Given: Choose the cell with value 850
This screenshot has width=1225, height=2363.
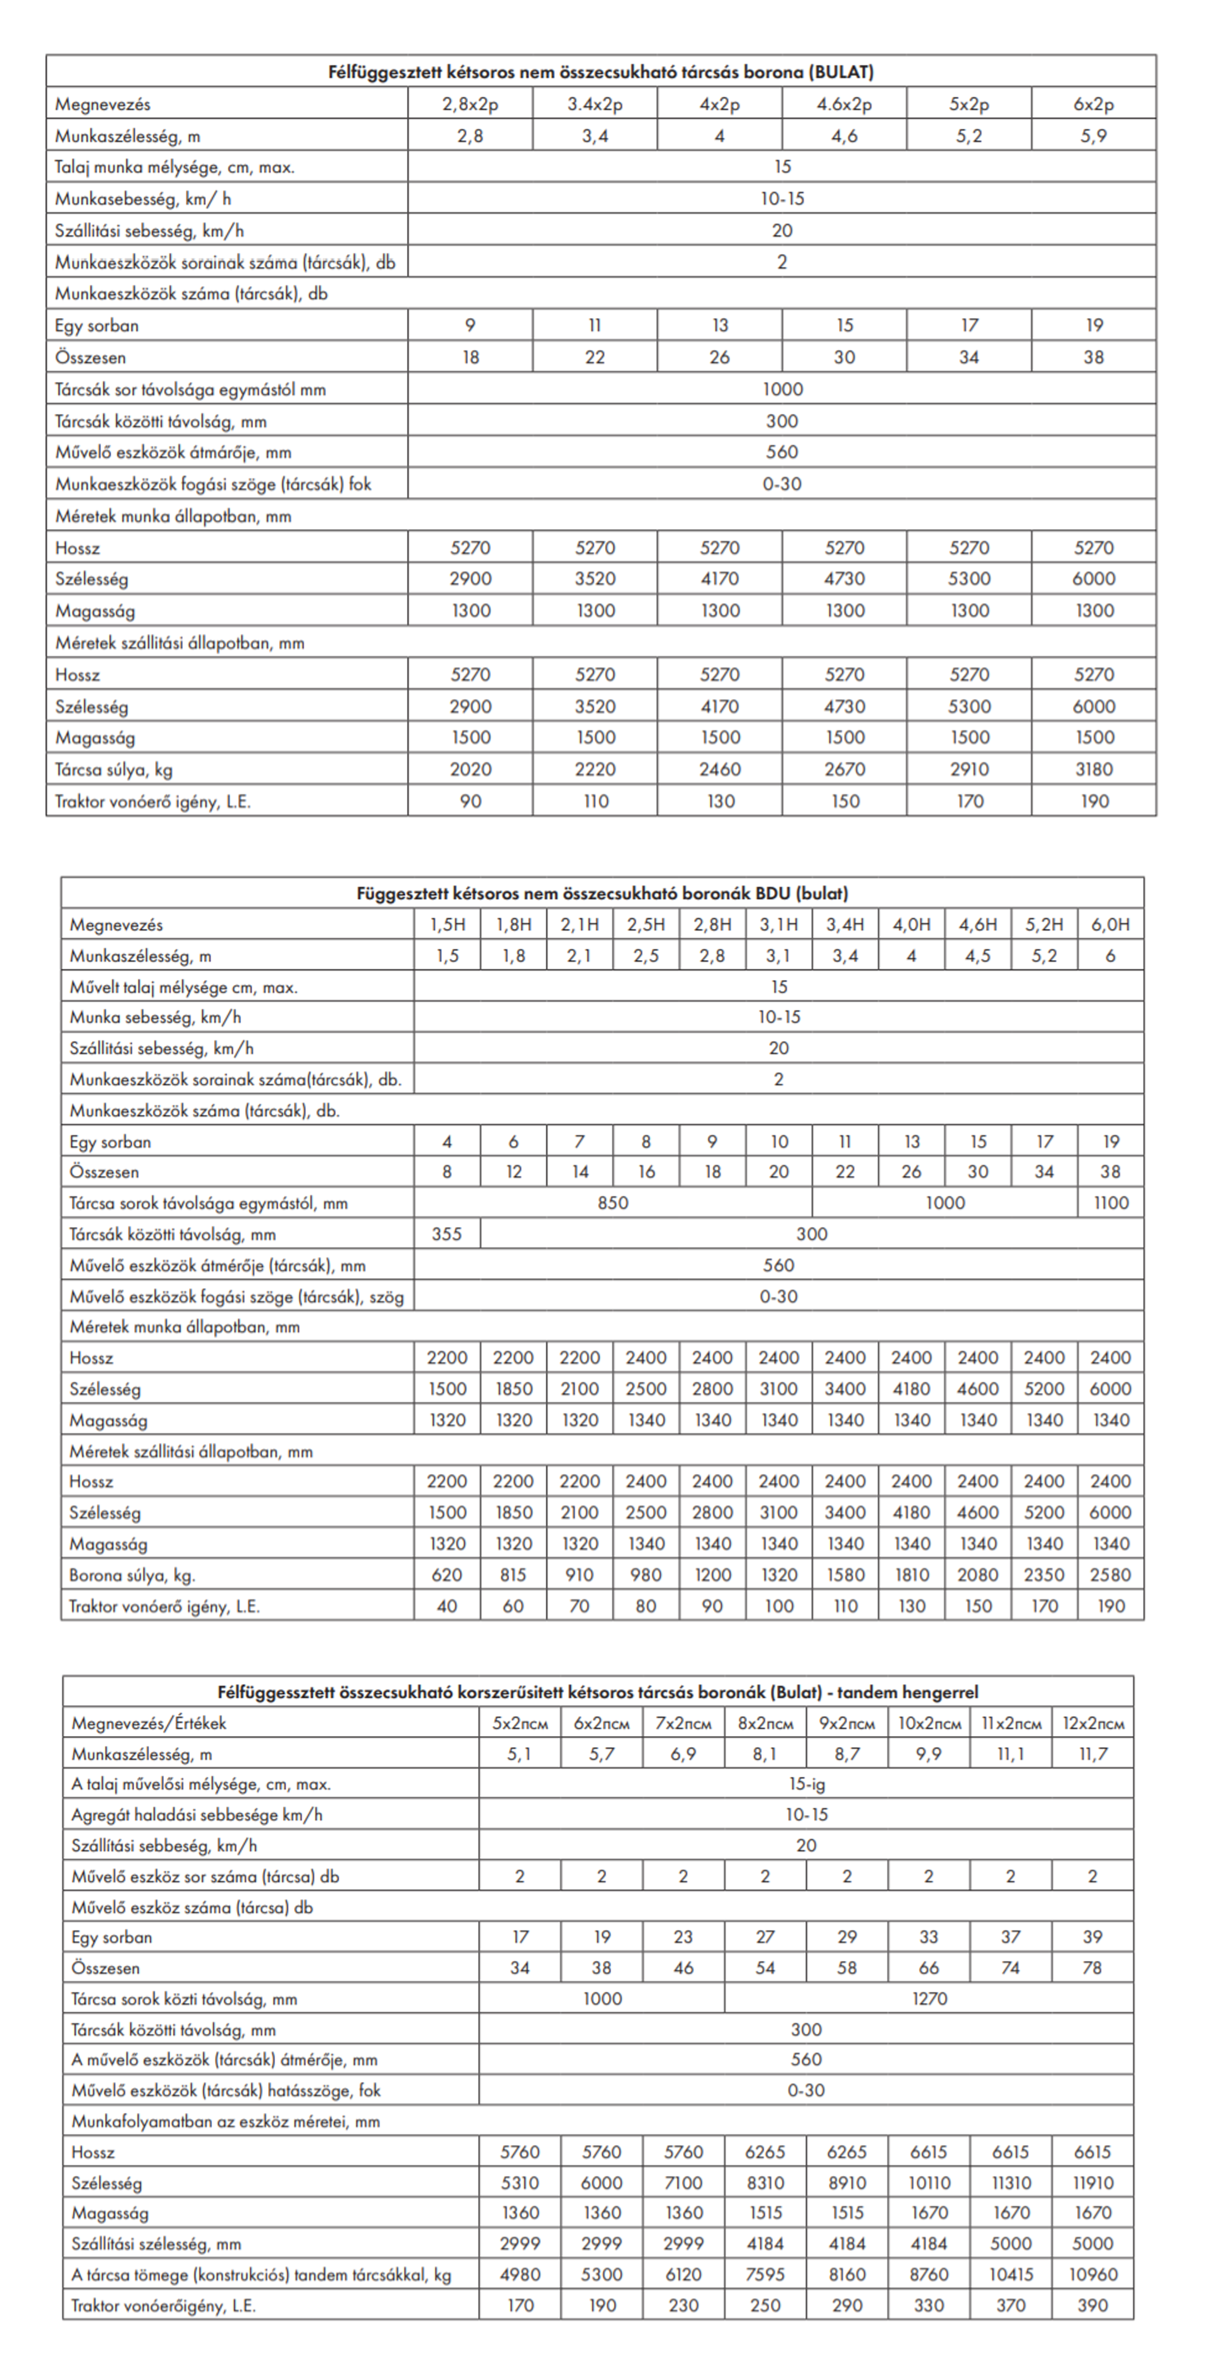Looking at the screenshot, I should point(612,1203).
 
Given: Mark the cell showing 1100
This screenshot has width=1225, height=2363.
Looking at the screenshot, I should point(1110,1203).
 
